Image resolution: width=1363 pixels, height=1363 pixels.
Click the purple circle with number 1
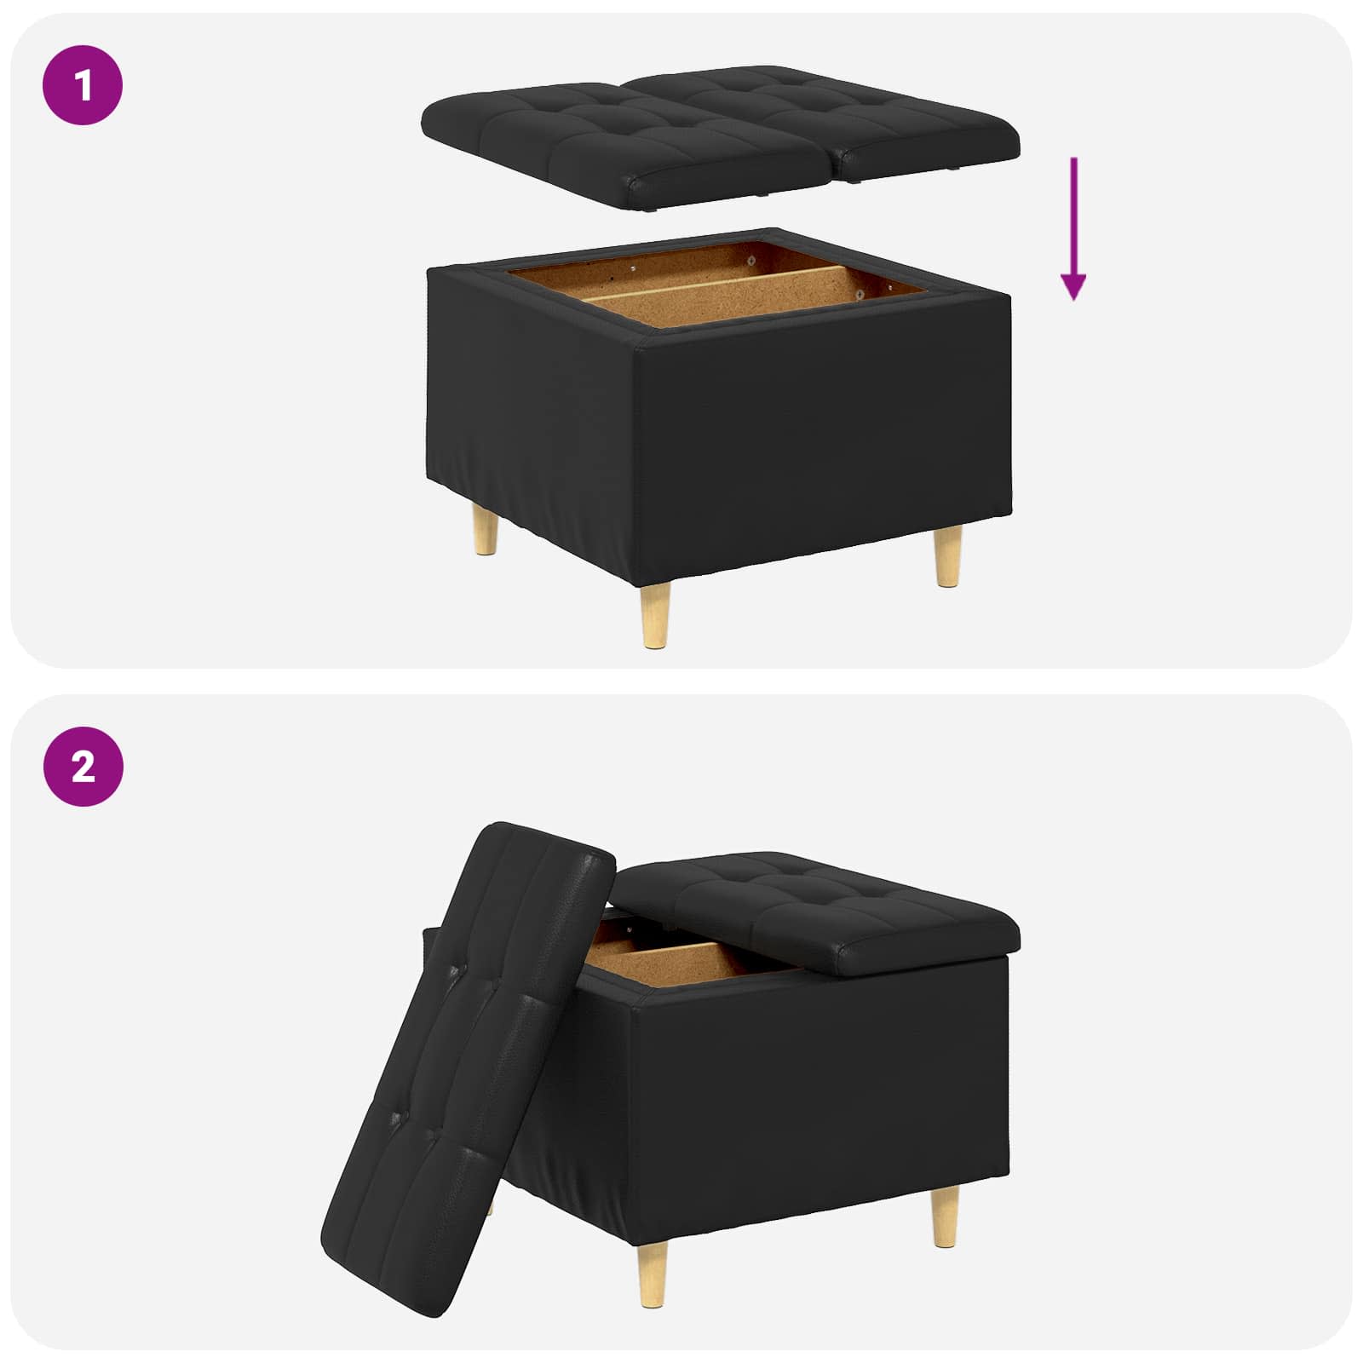pyautogui.click(x=83, y=86)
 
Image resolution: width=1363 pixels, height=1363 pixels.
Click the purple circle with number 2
pyautogui.click(x=83, y=767)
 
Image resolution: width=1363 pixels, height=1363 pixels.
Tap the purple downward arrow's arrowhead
pyautogui.click(x=1073, y=287)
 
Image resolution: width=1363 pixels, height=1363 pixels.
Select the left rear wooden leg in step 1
pyautogui.click(x=486, y=530)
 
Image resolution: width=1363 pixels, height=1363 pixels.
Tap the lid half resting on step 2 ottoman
pyautogui.click(x=818, y=912)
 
